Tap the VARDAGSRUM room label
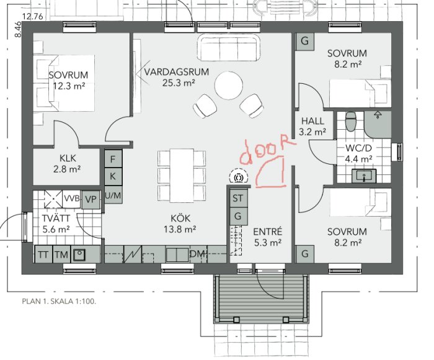[177, 72]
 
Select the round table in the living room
[229, 86]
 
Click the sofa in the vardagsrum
[229, 47]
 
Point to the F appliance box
[113, 159]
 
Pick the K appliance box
[113, 176]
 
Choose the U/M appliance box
[113, 196]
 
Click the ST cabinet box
[238, 199]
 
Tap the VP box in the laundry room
[91, 199]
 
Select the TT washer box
[43, 254]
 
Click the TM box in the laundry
[61, 254]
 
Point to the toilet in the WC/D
[352, 122]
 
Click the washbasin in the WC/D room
[364, 176]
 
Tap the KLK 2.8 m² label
[67, 163]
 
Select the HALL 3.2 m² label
[312, 126]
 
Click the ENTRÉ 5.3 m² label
[268, 237]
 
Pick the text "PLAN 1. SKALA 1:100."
[59, 302]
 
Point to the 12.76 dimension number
[33, 17]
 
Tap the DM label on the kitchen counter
[198, 253]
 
